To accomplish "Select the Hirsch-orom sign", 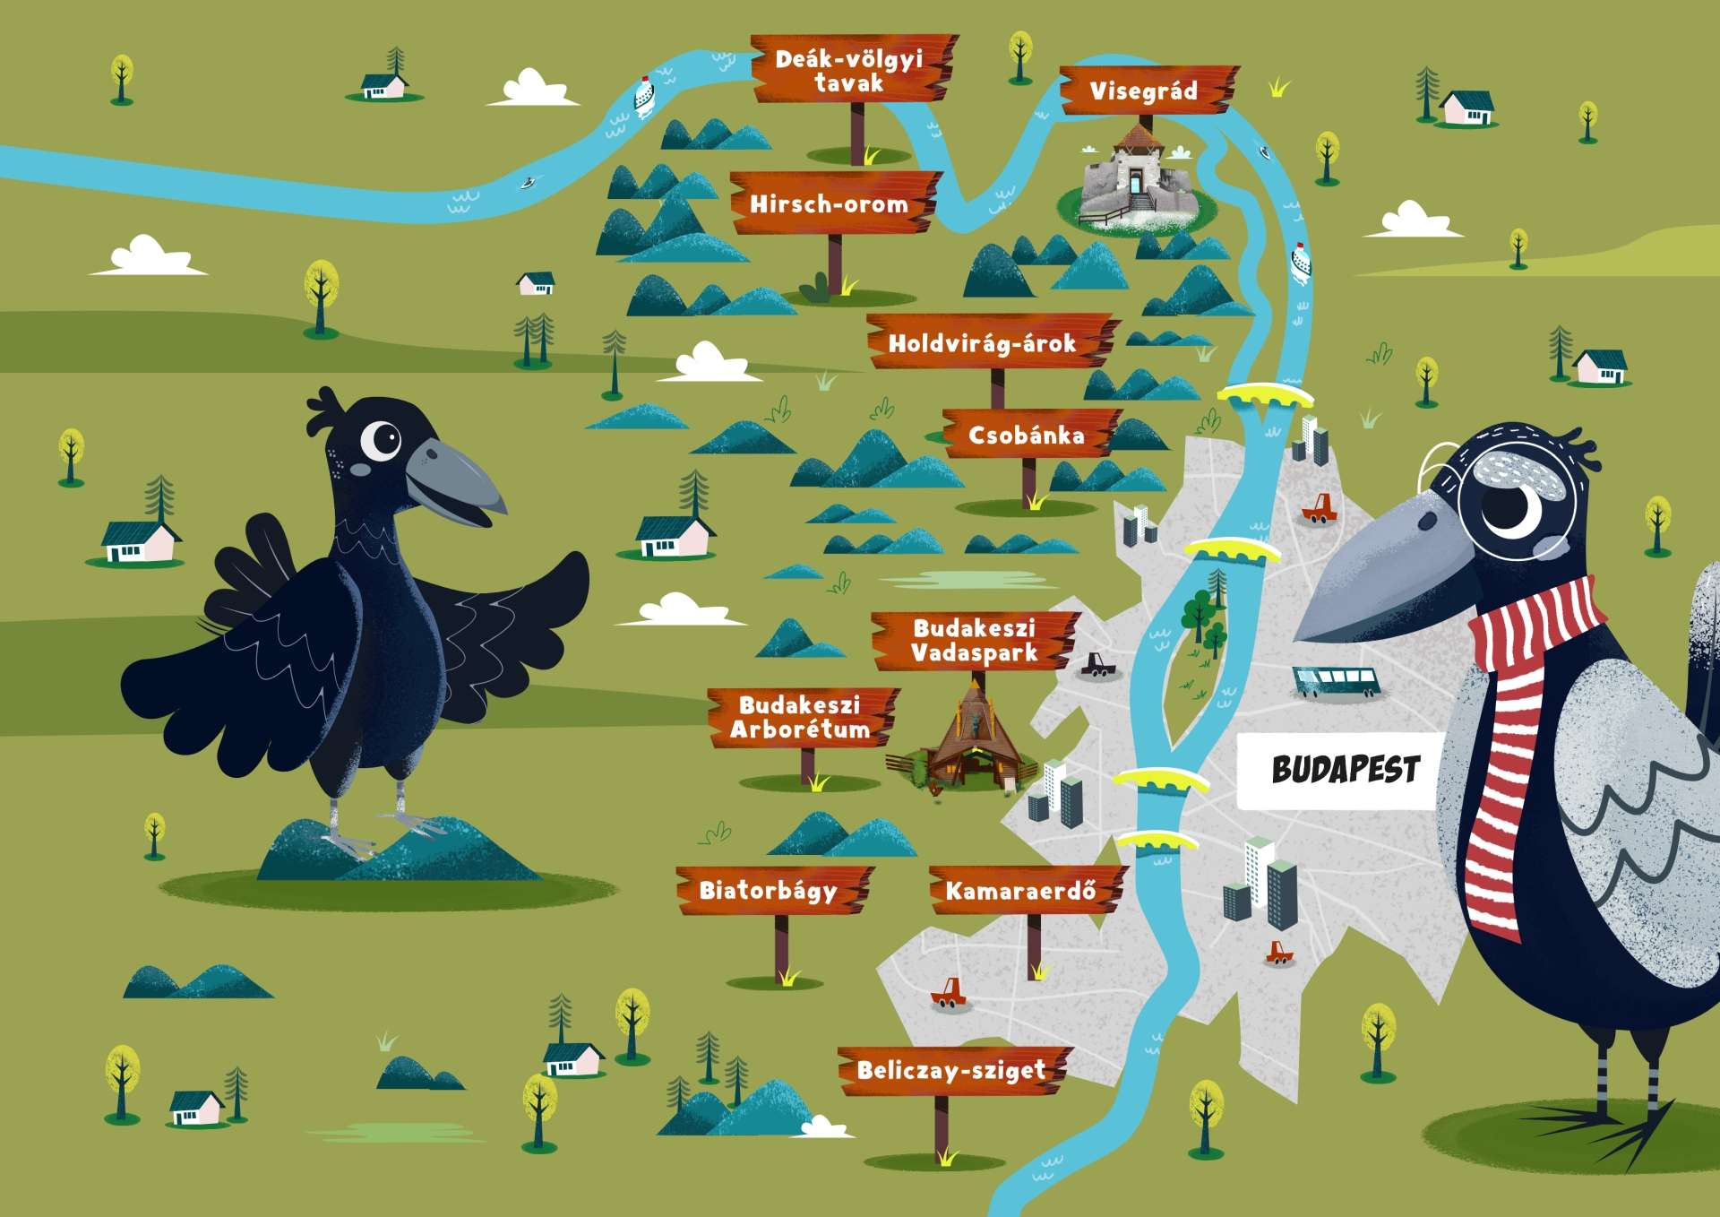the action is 834,203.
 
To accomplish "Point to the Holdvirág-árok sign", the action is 991,341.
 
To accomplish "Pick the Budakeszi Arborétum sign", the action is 803,717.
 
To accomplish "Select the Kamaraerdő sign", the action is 1027,890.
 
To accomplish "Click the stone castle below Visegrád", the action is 1137,179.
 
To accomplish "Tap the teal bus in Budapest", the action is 1336,682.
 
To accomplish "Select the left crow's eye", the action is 383,438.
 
